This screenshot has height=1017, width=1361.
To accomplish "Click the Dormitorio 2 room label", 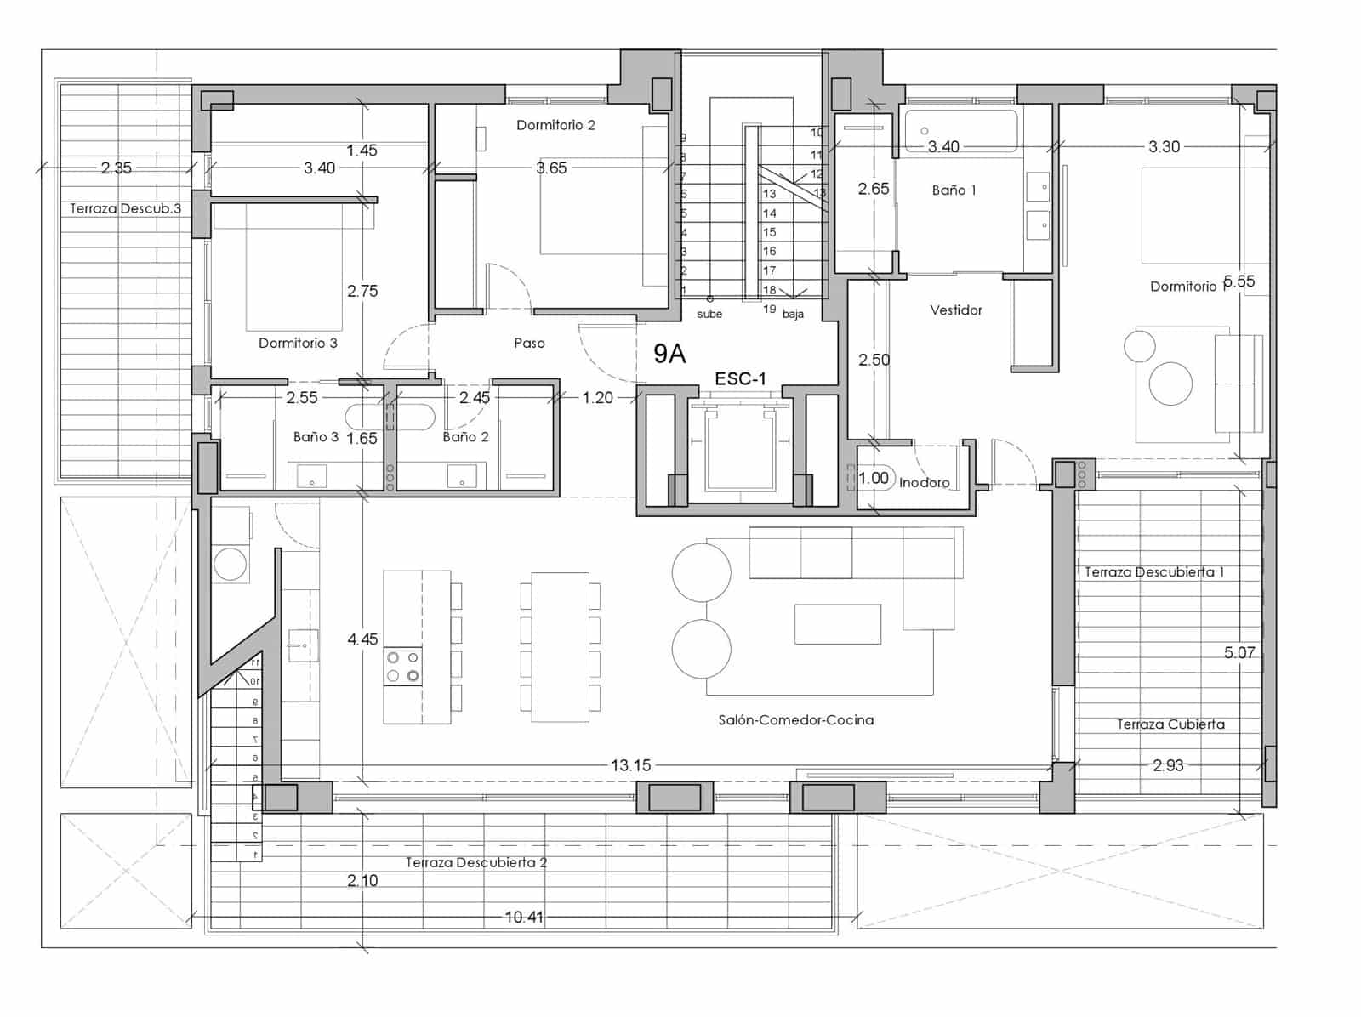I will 555,125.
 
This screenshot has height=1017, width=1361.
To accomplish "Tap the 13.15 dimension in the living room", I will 630,765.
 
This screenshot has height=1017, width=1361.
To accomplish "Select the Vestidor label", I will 955,310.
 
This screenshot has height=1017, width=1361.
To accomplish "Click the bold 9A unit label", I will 669,354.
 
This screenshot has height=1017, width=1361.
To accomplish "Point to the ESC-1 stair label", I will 740,379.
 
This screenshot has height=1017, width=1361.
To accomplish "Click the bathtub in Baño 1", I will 960,131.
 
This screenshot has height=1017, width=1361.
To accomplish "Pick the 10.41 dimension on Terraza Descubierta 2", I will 524,917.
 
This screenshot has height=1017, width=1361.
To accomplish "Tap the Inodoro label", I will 924,482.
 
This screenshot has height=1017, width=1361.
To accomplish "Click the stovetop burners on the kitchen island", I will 402,667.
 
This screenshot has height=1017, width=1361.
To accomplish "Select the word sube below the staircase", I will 709,314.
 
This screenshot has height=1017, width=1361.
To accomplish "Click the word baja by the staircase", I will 792,314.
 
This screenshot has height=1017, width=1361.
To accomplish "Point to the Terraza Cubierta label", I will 1170,724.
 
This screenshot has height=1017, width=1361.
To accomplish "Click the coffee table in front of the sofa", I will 837,623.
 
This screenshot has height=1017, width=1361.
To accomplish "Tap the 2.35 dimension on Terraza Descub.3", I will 117,168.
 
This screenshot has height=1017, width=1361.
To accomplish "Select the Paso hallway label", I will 529,344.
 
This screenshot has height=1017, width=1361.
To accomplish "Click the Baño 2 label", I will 465,437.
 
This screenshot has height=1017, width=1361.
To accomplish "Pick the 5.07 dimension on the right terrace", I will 1239,653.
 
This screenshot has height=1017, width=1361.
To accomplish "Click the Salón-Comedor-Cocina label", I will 795,720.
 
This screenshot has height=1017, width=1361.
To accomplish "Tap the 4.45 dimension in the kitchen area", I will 362,639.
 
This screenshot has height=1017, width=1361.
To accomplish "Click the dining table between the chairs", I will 560,646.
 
